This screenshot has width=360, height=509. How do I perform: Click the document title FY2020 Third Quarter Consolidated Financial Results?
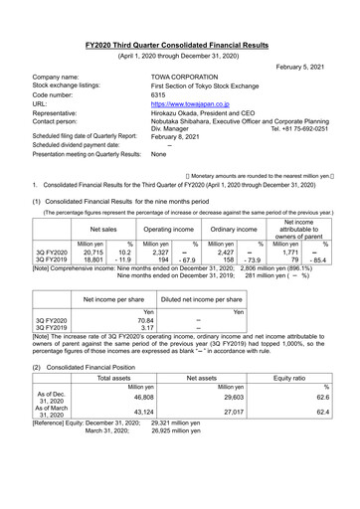click(x=180, y=19)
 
